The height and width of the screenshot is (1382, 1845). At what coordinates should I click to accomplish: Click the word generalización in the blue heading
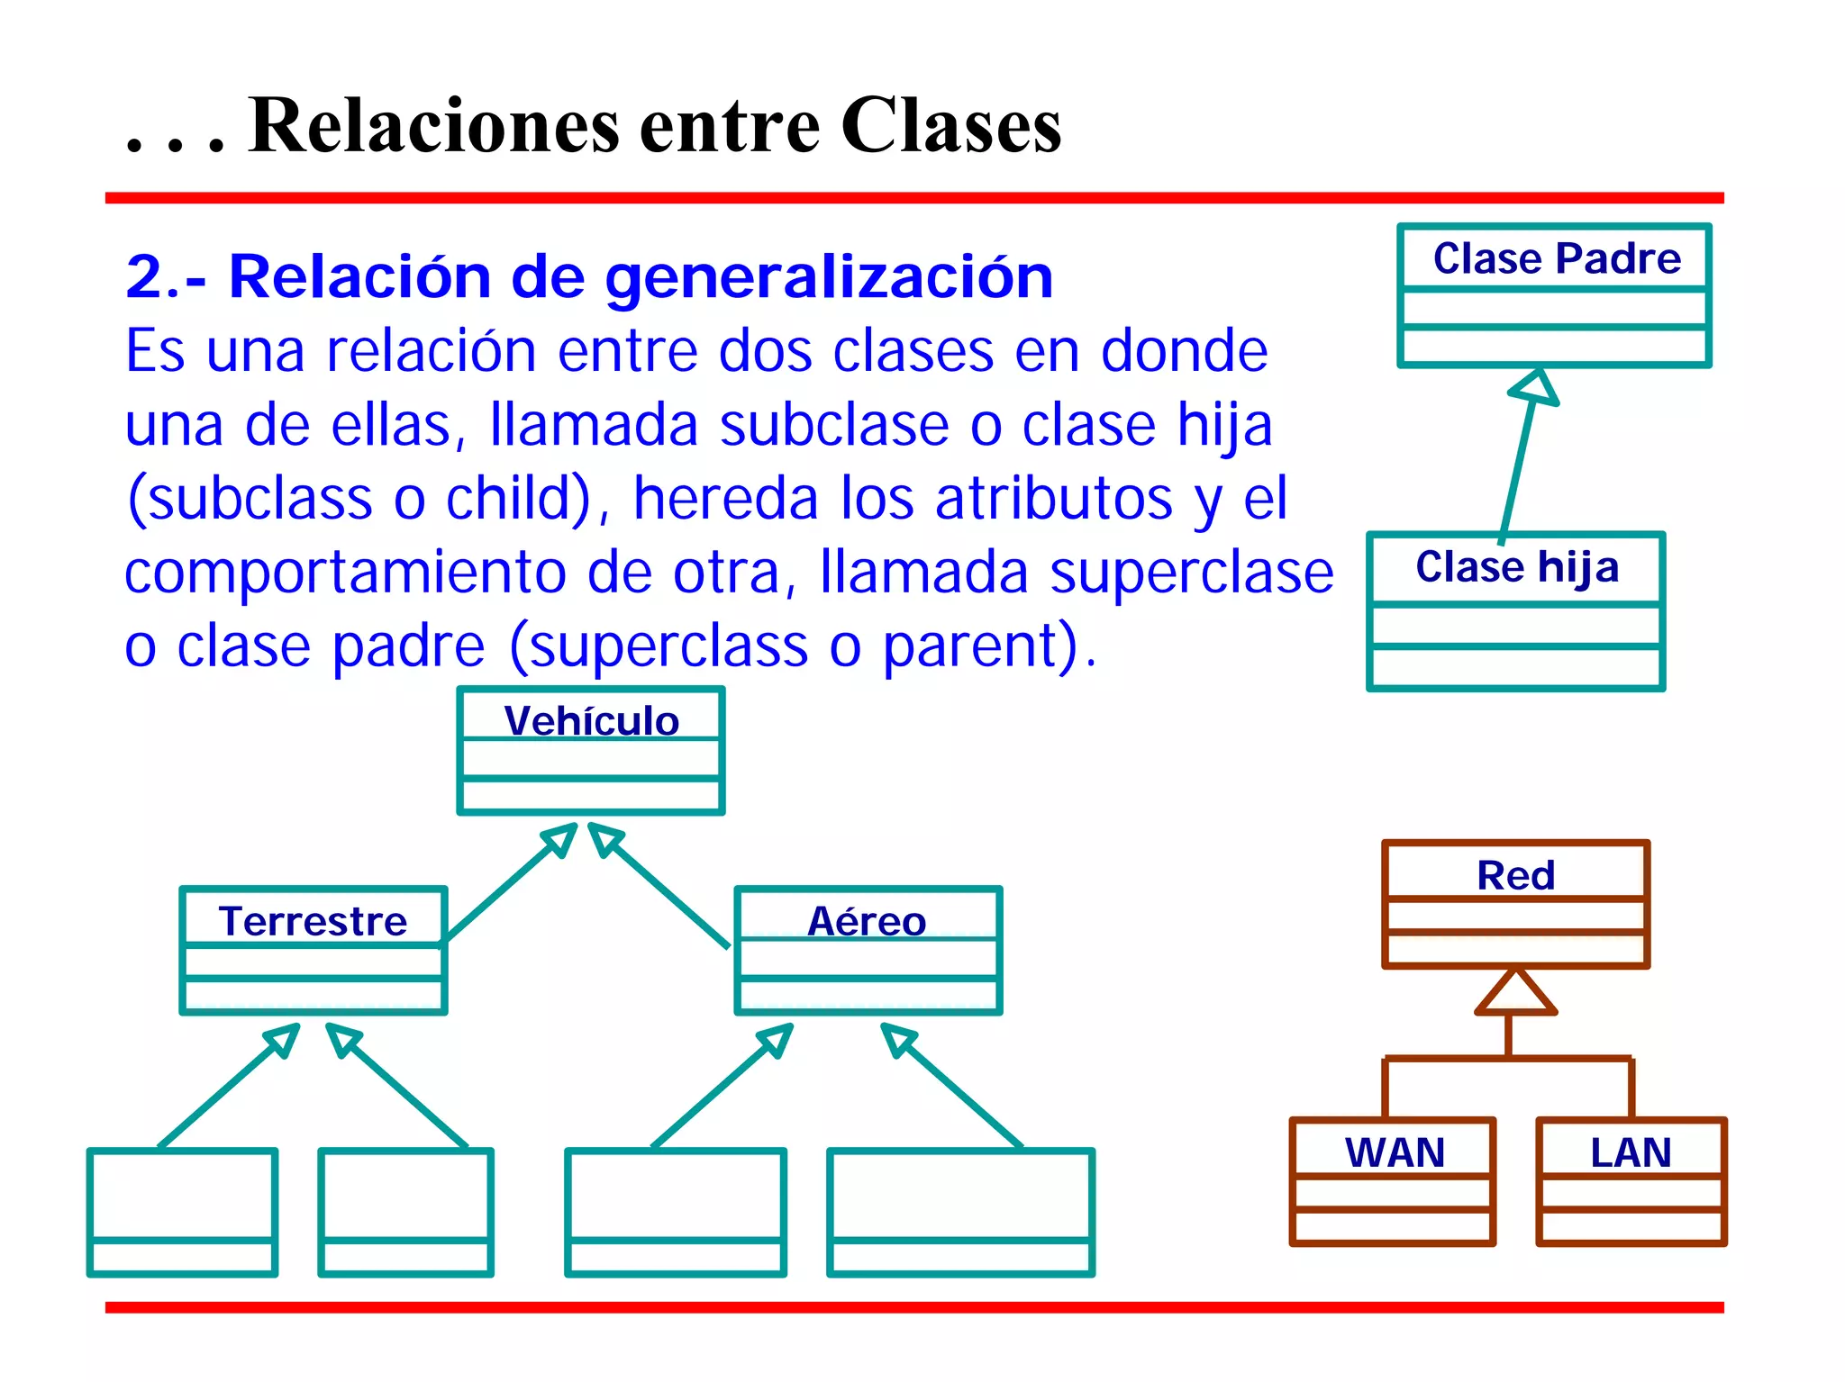828,277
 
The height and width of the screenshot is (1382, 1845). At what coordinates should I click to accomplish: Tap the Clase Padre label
1556,258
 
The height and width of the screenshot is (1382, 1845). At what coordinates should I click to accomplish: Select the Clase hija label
1516,567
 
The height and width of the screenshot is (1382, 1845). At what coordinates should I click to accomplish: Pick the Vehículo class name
591,721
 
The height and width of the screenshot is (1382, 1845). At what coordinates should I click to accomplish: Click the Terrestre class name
313,921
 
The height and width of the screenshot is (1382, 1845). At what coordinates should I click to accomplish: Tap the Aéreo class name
867,921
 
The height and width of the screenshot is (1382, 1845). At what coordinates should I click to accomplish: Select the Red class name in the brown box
1515,875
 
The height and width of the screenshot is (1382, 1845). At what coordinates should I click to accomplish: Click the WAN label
1395,1152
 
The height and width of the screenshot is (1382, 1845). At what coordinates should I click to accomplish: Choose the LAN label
1631,1152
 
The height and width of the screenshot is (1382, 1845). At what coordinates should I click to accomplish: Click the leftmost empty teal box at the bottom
182,1211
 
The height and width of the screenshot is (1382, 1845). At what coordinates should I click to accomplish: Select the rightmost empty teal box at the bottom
960,1211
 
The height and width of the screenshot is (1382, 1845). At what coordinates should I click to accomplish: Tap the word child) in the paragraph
519,499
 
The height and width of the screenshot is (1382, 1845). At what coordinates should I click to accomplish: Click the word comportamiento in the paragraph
345,573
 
